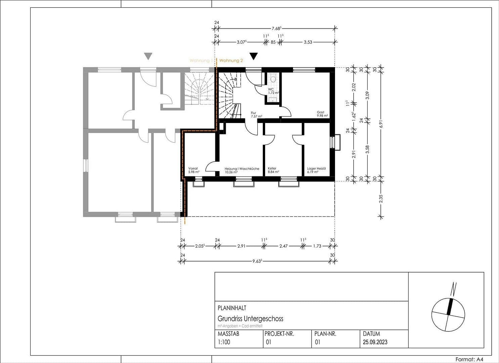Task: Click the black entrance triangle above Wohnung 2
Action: [254, 56]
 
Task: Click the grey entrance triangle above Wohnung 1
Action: [148, 56]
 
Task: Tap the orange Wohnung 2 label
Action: [231, 61]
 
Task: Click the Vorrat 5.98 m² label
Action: [194, 170]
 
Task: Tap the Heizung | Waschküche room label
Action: [242, 170]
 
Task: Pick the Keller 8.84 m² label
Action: [273, 170]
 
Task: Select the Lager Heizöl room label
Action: [316, 170]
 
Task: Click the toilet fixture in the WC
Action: [273, 79]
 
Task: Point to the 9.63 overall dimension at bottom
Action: [257, 261]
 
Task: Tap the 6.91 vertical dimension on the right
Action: [381, 123]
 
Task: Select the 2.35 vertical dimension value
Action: [381, 199]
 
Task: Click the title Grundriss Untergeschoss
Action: [250, 319]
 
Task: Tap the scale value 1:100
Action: [224, 342]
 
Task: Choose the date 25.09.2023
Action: [375, 342]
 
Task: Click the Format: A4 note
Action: [469, 359]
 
